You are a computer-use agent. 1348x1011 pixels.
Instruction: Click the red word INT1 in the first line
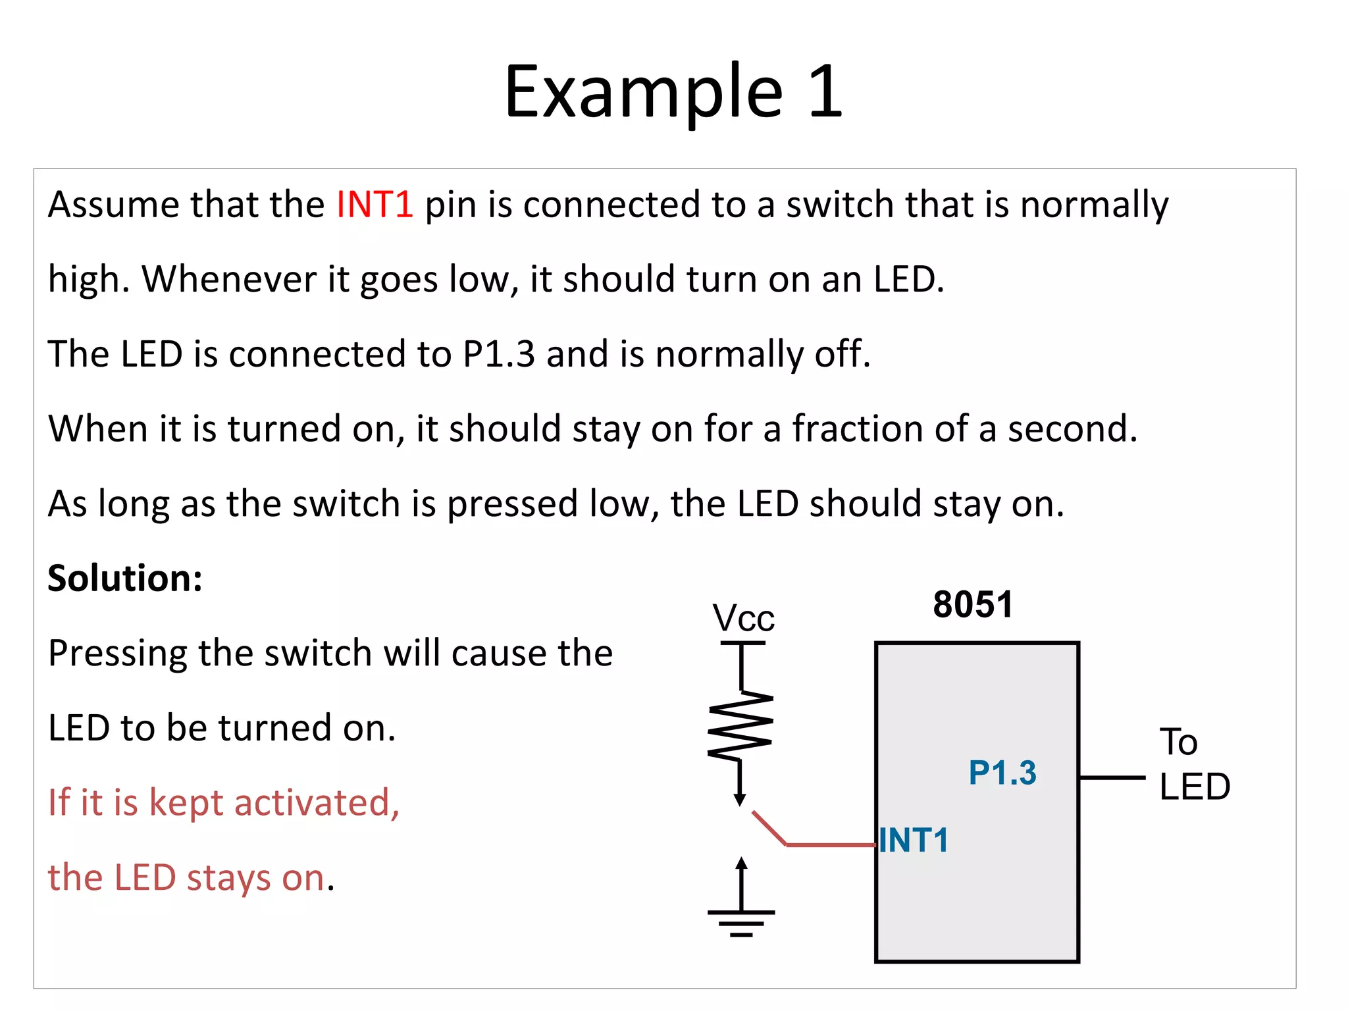coord(375,204)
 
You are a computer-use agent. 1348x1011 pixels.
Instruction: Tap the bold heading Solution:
coord(125,579)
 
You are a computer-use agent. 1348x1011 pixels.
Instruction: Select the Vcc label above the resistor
coord(743,619)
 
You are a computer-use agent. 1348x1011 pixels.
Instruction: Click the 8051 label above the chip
coord(973,604)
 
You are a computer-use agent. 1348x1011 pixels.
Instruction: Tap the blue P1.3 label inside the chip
coord(1002,773)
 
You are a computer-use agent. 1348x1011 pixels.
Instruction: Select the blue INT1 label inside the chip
coord(914,841)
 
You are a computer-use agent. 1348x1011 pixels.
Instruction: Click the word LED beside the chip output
coord(1194,787)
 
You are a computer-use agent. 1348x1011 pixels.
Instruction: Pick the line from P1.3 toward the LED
coord(1112,778)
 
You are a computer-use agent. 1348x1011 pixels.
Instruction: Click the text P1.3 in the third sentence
coord(498,354)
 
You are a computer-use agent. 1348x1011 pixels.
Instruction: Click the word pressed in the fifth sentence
coord(512,504)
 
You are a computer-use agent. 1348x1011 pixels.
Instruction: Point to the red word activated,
coord(317,803)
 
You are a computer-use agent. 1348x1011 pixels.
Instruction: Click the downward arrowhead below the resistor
coord(740,800)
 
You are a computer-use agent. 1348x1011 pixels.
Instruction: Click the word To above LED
coord(1178,742)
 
